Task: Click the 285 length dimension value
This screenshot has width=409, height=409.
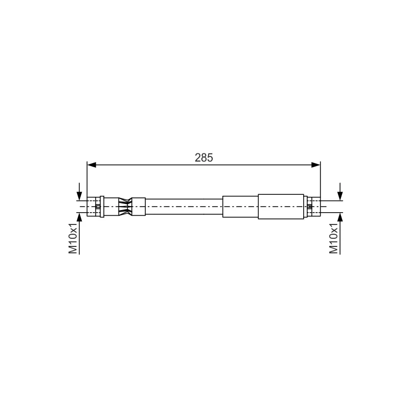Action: (203, 158)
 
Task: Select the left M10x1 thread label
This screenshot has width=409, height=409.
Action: (73, 238)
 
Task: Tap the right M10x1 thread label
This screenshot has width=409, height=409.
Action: (334, 238)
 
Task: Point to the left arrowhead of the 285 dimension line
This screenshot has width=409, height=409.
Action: (92, 165)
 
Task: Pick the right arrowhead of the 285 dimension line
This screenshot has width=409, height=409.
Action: (315, 165)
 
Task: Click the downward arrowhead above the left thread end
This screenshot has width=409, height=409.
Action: (79, 196)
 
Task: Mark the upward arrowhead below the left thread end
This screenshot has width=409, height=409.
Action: (79, 217)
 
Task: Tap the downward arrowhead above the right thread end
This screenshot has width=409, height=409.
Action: (340, 196)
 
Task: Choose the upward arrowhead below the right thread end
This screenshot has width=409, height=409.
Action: (340, 217)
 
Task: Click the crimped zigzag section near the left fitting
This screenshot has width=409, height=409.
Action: (125, 207)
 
